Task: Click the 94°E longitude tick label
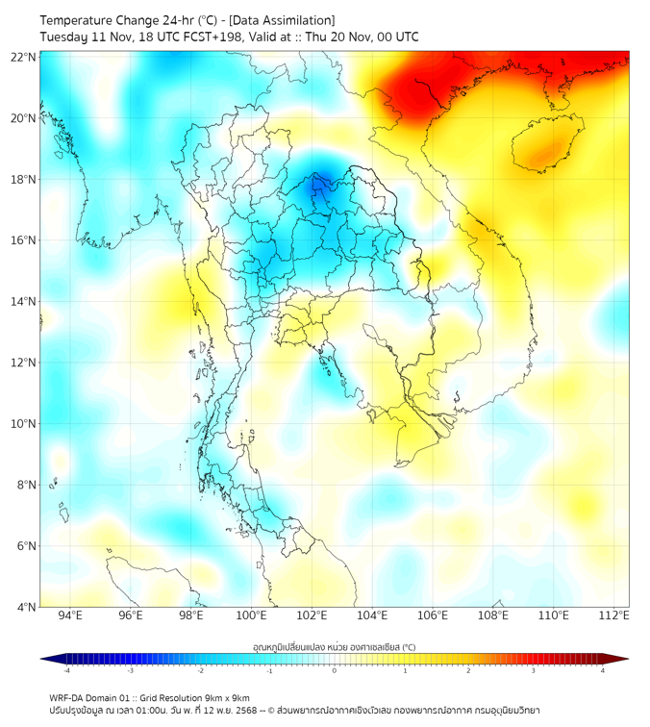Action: pos(70,615)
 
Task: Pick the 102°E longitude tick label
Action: pos(312,615)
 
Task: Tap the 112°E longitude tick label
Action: pos(613,615)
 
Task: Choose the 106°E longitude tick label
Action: pos(433,615)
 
